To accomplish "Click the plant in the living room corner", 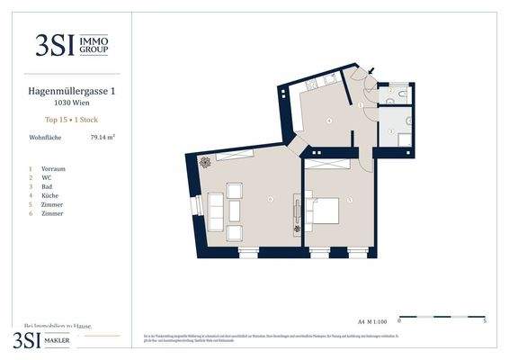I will click(205, 162).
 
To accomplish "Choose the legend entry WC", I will click(47, 177).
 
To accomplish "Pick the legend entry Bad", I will click(48, 186).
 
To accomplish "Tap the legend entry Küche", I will click(51, 195).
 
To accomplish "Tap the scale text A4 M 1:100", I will click(372, 320).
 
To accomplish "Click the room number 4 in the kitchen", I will click(329, 120).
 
